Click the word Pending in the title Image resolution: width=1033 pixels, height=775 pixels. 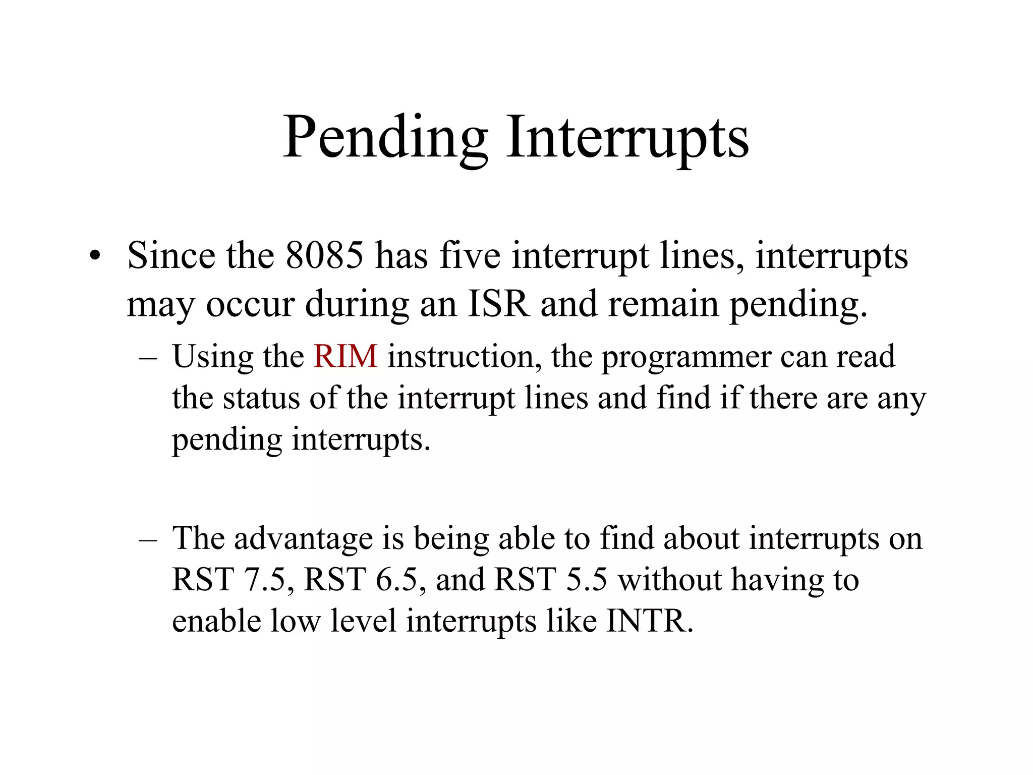pyautogui.click(x=385, y=138)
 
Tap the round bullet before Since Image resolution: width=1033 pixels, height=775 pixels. pyautogui.click(x=94, y=256)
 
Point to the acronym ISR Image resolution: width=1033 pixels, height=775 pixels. pyautogui.click(x=499, y=304)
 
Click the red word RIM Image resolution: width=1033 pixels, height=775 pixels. pyautogui.click(x=345, y=356)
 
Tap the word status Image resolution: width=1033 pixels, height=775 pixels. pyautogui.click(x=261, y=398)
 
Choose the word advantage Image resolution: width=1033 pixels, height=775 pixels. pyautogui.click(x=303, y=539)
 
